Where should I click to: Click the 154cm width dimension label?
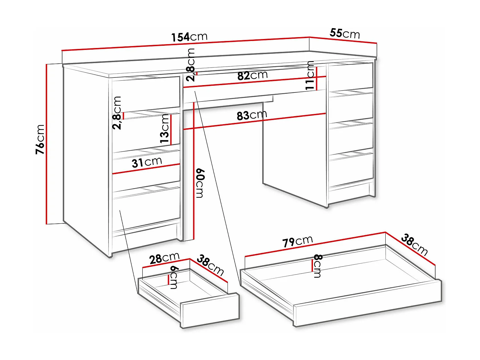coord(189,37)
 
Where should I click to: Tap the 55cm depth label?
coord(345,33)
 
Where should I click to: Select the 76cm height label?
coord(40,139)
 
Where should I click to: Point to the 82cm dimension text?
coord(252,76)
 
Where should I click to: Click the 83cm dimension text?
coord(252,115)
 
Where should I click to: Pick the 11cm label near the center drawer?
coord(309,76)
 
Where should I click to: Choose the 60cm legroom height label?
coord(200,183)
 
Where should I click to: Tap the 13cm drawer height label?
coord(164,128)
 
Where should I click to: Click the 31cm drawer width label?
coord(147,162)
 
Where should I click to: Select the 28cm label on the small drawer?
coord(164,258)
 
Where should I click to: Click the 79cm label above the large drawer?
coord(297,241)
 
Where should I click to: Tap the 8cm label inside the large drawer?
coord(317,266)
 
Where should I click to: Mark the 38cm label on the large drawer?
coord(414,244)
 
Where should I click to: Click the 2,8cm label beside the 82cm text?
coord(191,65)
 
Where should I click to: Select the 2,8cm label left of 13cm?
coord(117,113)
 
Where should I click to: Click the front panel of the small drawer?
coord(210,310)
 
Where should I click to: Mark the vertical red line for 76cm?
coord(47,144)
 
